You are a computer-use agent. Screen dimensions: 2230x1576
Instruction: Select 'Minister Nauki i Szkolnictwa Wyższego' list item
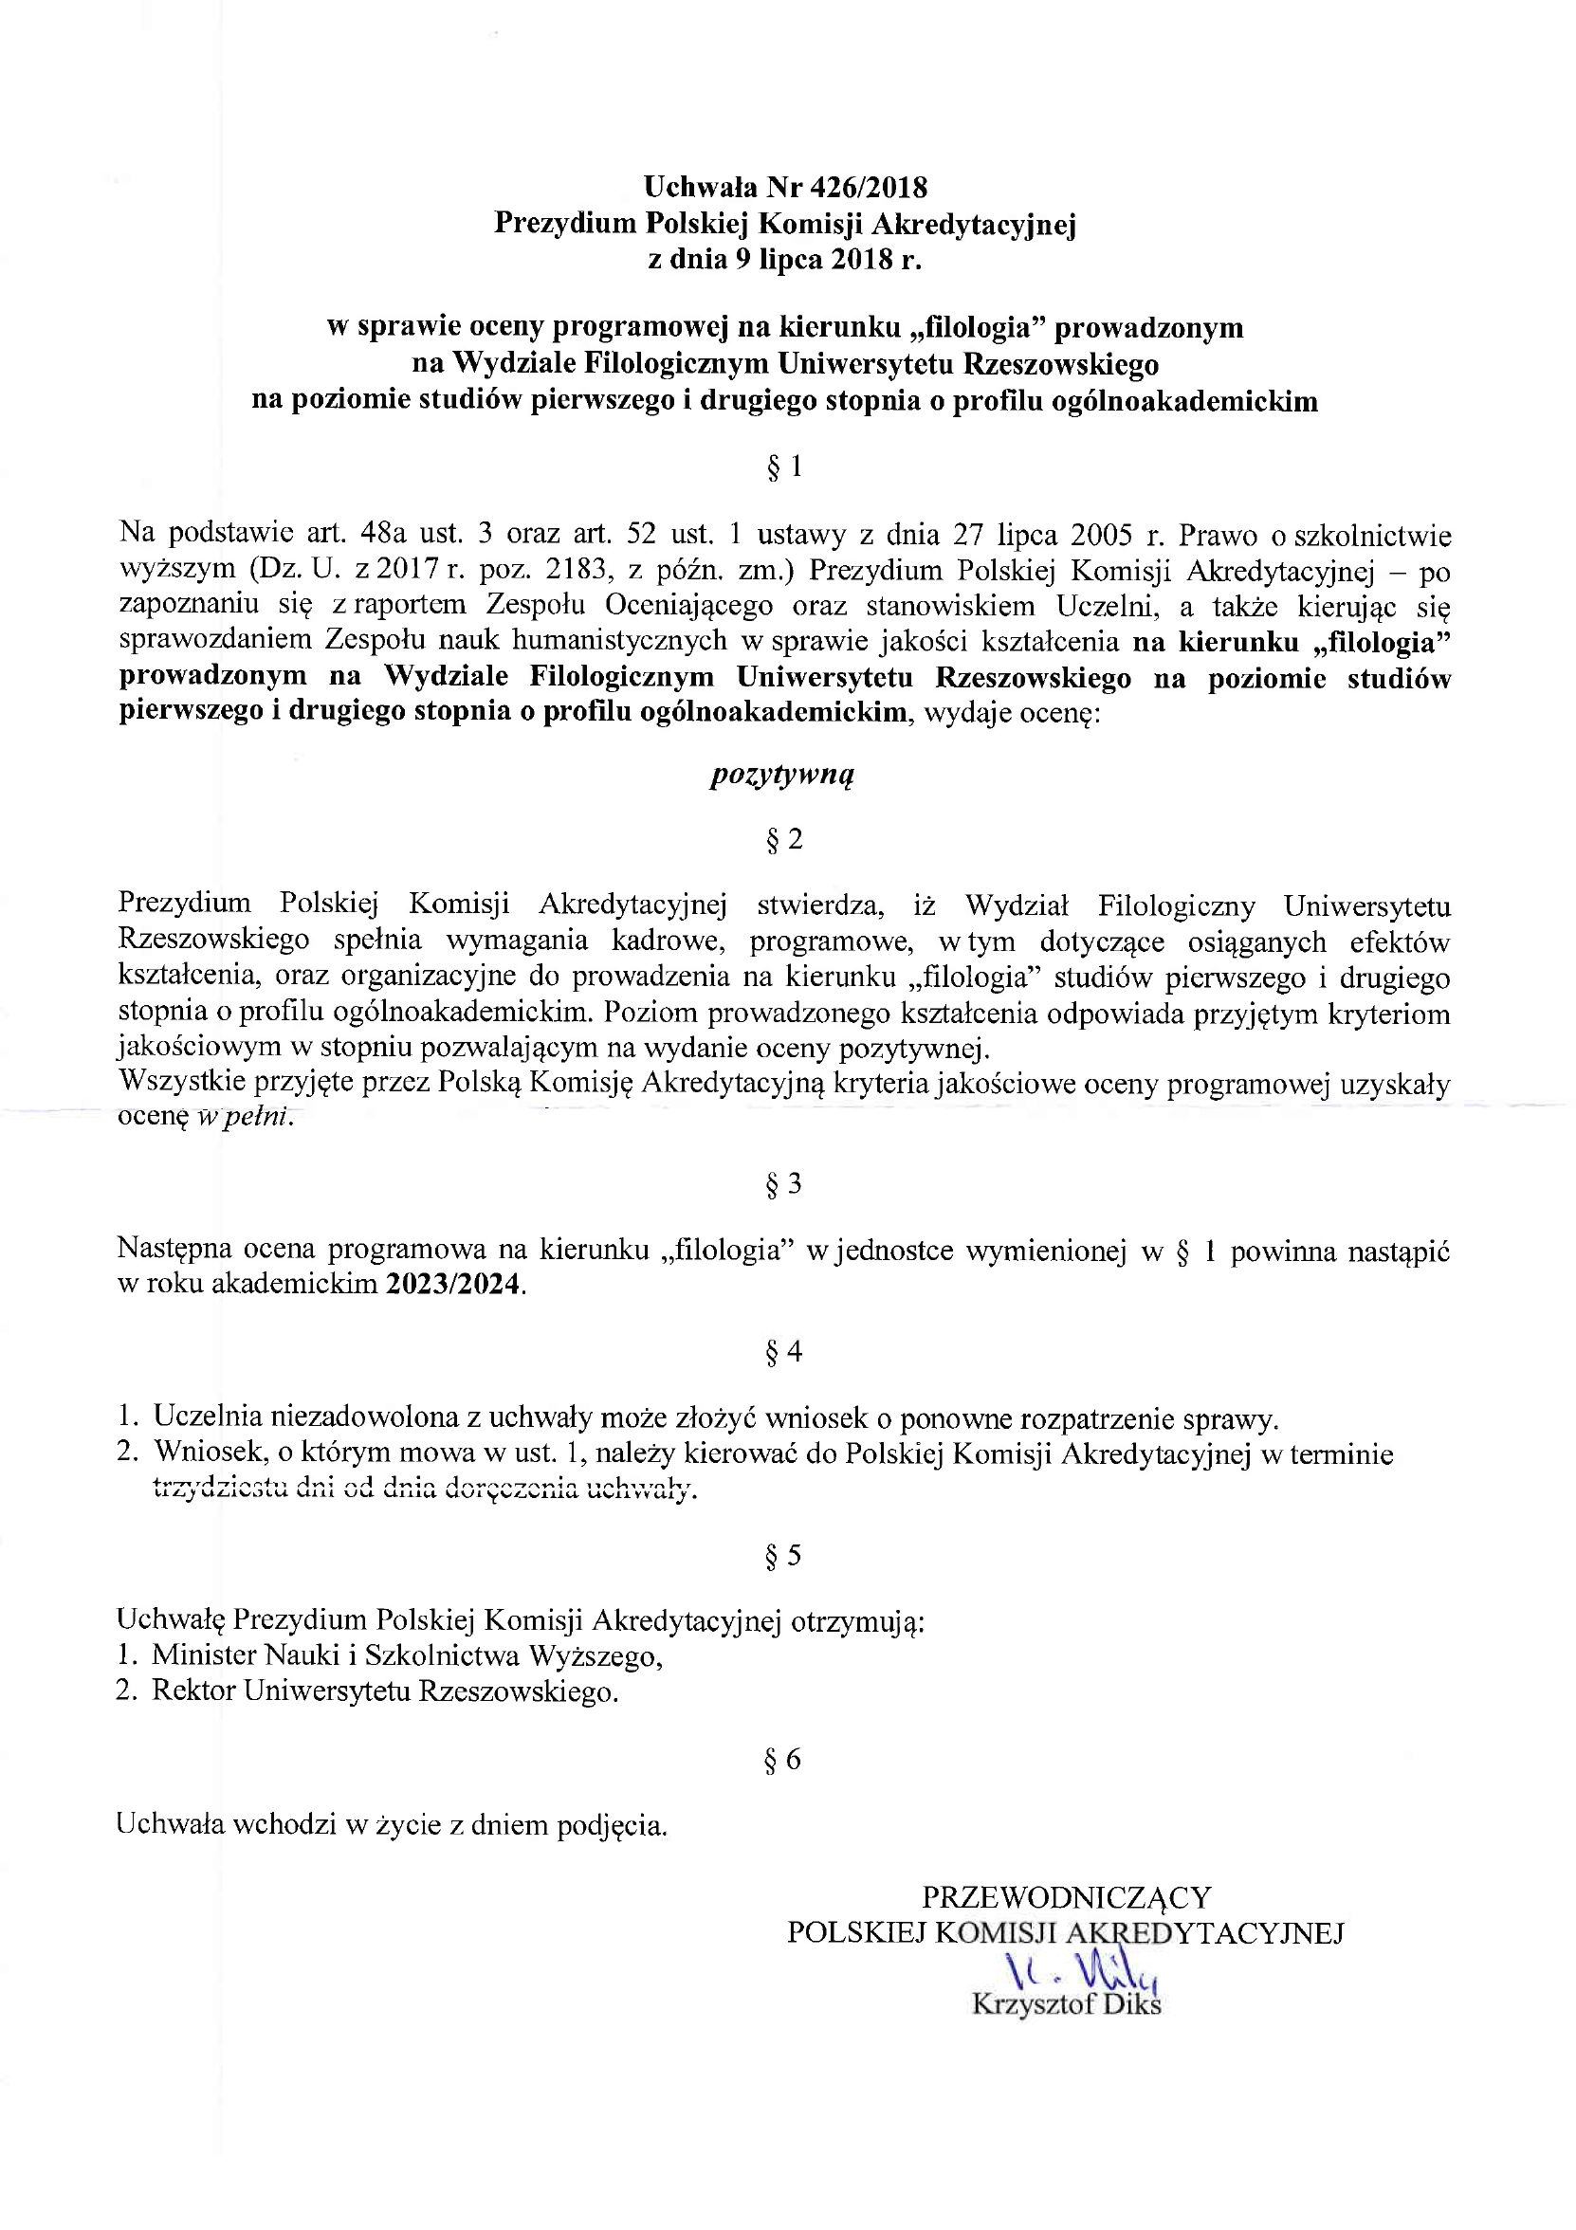tap(407, 1654)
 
